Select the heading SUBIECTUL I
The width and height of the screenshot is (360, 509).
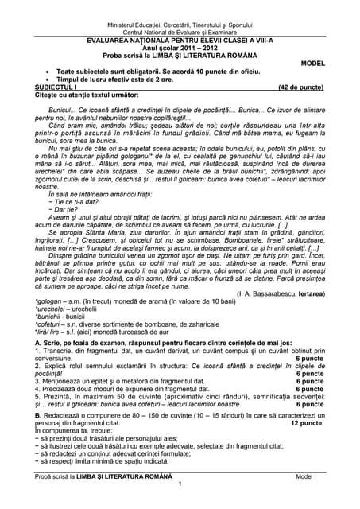[x=58, y=86]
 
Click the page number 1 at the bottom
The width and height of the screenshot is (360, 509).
[x=180, y=484]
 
